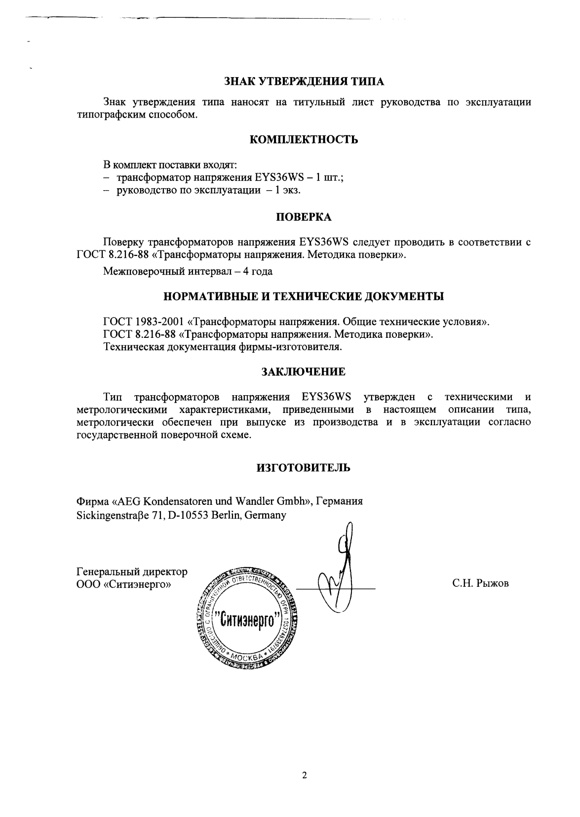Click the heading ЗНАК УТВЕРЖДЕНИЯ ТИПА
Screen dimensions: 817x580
click(x=304, y=81)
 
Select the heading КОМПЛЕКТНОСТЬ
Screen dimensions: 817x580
click(x=304, y=139)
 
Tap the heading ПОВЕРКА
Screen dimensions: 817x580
click(x=303, y=217)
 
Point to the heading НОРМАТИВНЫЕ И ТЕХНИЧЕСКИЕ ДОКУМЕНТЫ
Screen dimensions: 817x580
click(x=304, y=296)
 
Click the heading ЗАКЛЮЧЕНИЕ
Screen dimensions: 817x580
click(x=303, y=371)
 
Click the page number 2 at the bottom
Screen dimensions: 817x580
click(x=304, y=775)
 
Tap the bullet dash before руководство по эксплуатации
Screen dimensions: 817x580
click(x=107, y=191)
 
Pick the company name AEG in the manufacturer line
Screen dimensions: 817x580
click(x=129, y=501)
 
